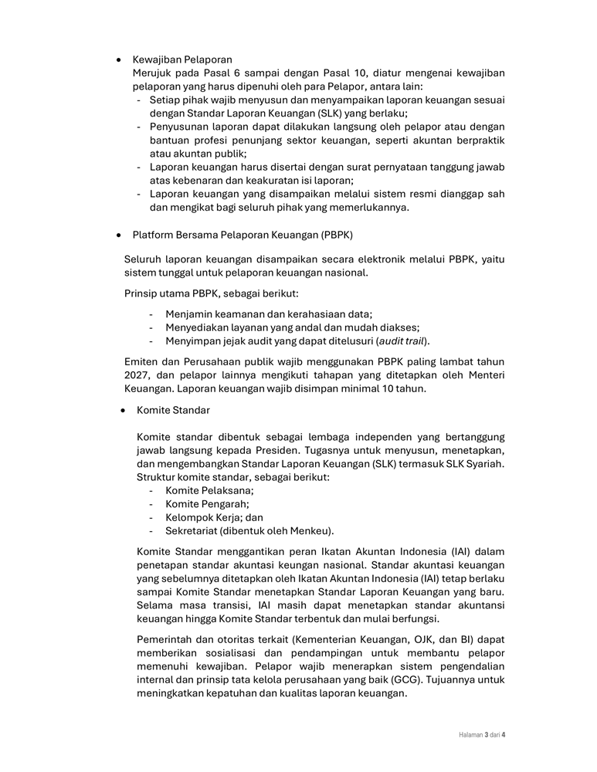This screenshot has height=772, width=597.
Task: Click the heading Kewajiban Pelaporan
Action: click(182, 59)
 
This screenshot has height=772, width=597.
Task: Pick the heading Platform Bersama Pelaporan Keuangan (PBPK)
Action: click(243, 234)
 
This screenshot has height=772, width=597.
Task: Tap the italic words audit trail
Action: click(401, 341)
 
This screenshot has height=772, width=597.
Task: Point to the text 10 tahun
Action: click(402, 389)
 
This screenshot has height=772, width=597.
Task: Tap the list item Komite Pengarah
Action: click(207, 504)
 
